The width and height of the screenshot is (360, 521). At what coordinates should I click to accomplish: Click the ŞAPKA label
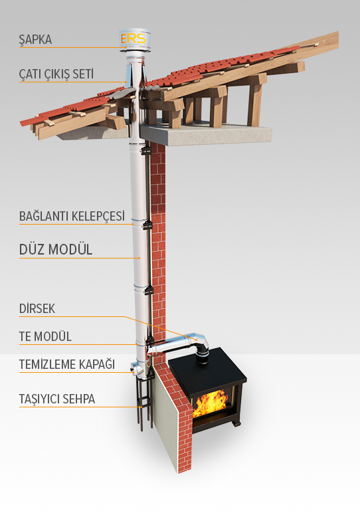tap(35, 40)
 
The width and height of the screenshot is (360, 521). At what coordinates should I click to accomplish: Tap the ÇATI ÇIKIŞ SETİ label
tap(56, 74)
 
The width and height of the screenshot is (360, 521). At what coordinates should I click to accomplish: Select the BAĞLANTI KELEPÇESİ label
tap(72, 216)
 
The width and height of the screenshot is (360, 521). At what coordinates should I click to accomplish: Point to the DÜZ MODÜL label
tap(56, 250)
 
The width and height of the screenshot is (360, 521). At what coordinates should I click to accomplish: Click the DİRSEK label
tap(37, 308)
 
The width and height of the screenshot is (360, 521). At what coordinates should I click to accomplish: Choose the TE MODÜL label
tap(45, 336)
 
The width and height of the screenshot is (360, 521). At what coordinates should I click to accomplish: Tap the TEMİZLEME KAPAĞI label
tap(66, 364)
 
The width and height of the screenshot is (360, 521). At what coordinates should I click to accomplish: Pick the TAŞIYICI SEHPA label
tap(57, 399)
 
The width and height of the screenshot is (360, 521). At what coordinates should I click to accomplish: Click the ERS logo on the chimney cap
tap(133, 39)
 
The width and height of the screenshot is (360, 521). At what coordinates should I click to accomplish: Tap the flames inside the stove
tap(211, 403)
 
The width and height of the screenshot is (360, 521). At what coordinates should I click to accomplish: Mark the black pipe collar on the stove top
tap(202, 358)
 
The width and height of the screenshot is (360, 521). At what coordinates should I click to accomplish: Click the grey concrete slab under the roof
tap(206, 134)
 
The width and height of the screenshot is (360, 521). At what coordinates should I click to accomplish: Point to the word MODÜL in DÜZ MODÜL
tap(70, 250)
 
